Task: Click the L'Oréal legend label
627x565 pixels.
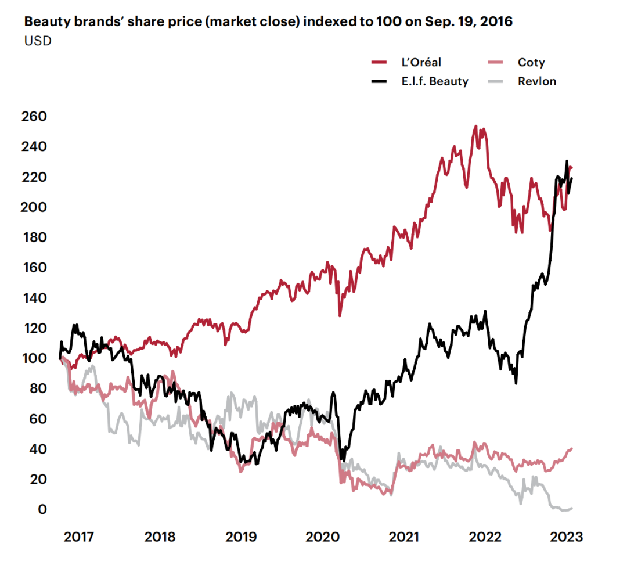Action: (420, 63)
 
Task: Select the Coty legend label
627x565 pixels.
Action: (531, 63)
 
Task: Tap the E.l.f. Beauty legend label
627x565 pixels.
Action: (434, 81)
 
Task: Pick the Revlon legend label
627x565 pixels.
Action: (536, 81)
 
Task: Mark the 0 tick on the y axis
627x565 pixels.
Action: (43, 509)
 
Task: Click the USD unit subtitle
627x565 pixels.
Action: (37, 41)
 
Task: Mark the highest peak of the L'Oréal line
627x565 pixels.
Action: (476, 126)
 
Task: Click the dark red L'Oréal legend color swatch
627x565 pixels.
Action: (379, 63)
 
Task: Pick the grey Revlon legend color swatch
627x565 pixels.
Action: (494, 81)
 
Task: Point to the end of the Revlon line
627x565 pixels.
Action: (572, 508)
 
